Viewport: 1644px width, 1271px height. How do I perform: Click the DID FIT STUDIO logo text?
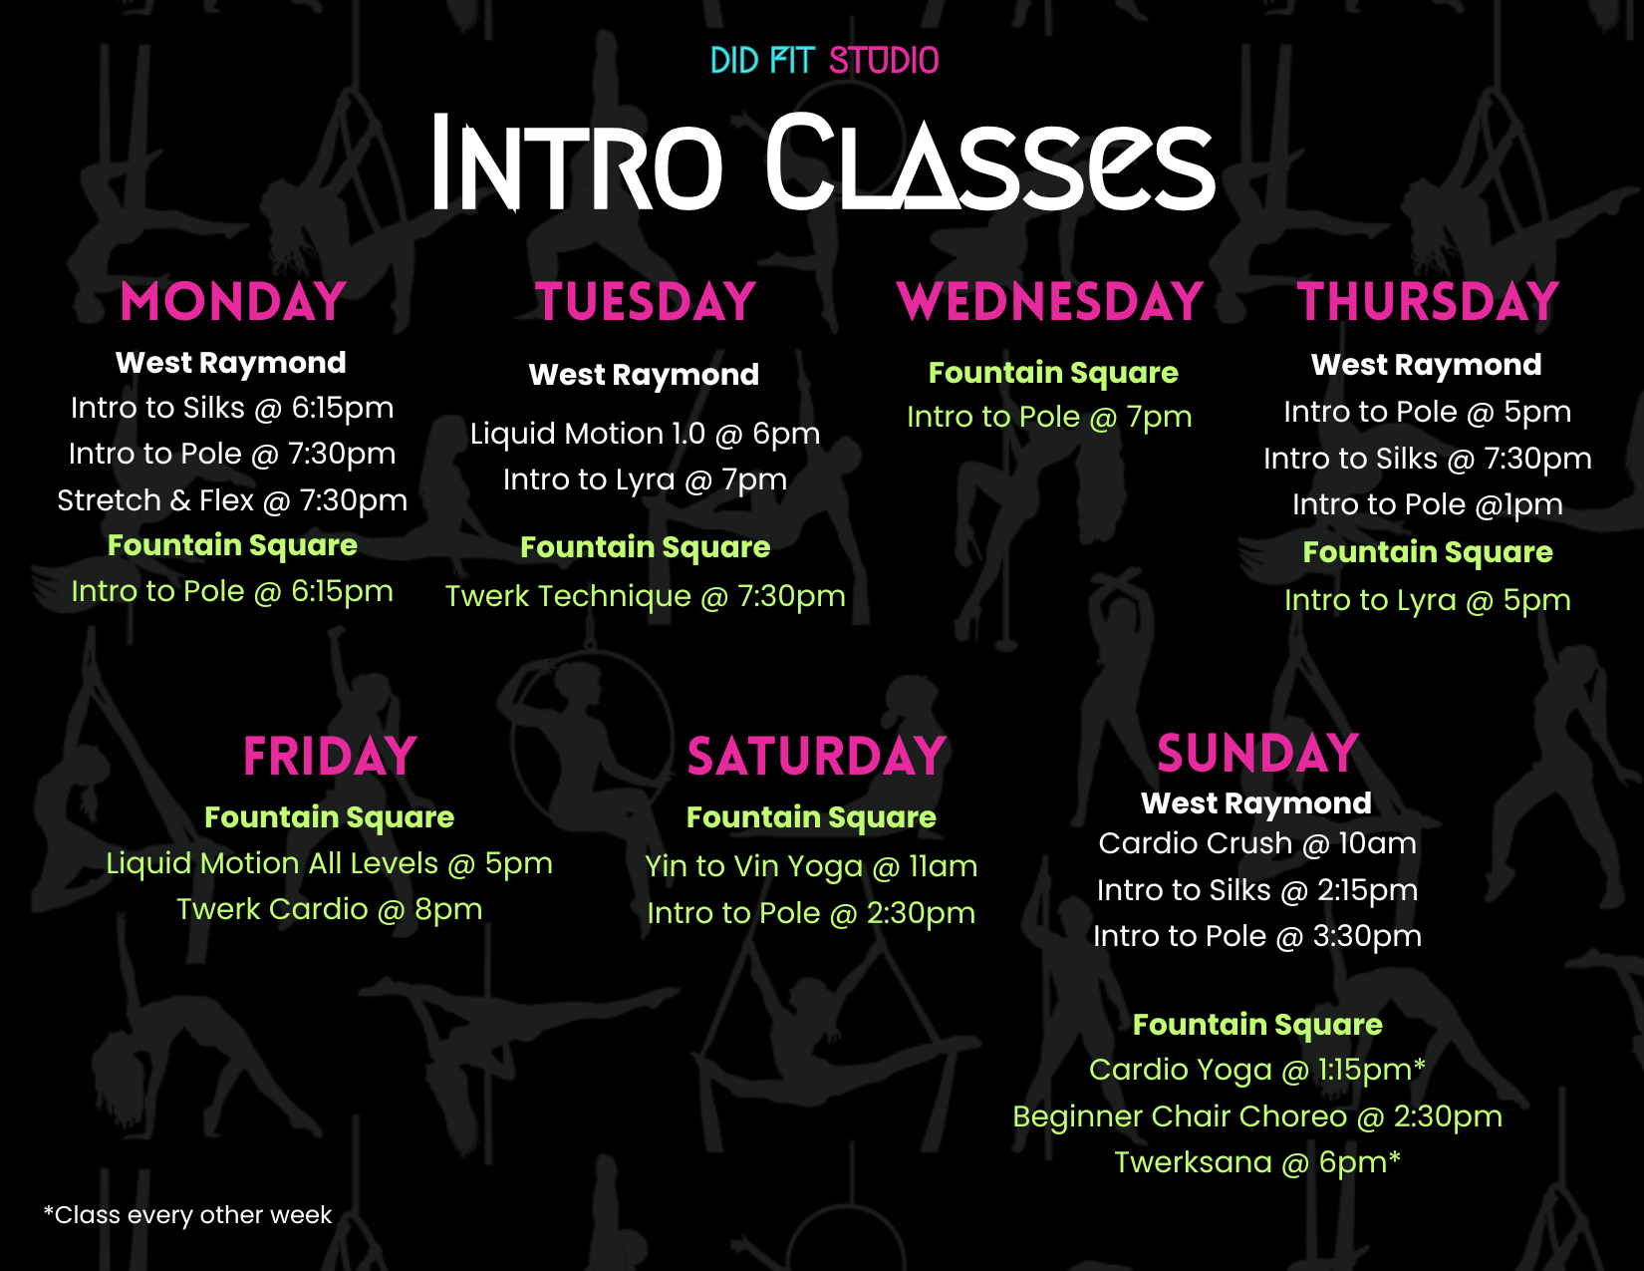824,61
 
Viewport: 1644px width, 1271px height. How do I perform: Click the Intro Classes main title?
824,162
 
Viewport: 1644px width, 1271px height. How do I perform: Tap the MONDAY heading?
233,302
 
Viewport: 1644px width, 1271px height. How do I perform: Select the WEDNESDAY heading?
1050,302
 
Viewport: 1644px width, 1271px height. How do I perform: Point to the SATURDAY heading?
816,757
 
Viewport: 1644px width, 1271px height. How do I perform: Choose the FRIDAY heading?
330,757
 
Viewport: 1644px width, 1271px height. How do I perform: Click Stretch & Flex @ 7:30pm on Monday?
232,500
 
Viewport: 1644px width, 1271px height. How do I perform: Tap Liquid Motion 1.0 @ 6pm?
646,434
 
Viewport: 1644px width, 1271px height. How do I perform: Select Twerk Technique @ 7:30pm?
646,596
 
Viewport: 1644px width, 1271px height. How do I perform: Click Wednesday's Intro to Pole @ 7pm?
1049,417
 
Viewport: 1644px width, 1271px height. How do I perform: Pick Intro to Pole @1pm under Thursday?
1428,505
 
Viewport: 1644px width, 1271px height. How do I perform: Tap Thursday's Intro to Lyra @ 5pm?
1428,600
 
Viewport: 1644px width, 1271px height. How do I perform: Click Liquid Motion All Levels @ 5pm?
329,863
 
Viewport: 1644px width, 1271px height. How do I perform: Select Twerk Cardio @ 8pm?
329,910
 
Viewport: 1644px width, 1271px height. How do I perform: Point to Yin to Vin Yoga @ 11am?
811,866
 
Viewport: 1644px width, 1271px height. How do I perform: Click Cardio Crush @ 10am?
1257,843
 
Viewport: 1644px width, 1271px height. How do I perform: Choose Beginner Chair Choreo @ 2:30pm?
1257,1116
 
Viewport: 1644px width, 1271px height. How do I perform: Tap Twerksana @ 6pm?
1257,1162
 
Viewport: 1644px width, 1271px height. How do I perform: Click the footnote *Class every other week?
187,1215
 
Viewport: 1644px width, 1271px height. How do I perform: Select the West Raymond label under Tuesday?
644,375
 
